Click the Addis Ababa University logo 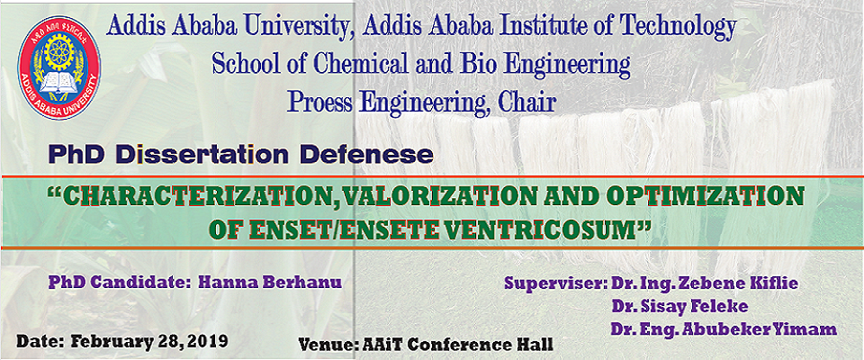pos(59,67)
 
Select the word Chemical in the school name pos(372,64)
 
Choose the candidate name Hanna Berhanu pos(269,282)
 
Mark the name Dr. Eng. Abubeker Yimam pos(724,329)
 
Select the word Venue pos(328,345)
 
